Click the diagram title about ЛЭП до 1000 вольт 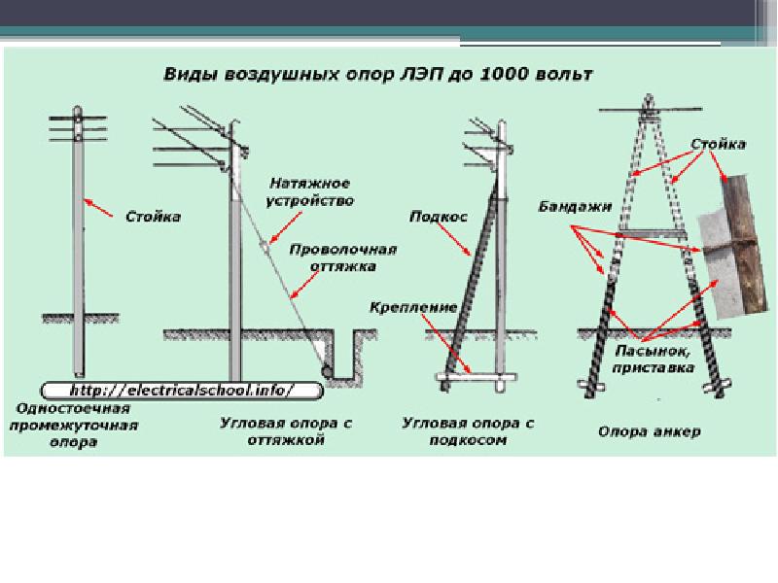[380, 74]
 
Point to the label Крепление [412, 308]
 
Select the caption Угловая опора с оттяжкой [284, 432]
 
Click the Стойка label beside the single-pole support [153, 216]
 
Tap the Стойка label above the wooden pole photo [719, 144]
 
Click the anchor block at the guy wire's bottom [329, 369]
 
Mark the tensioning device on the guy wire [265, 247]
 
